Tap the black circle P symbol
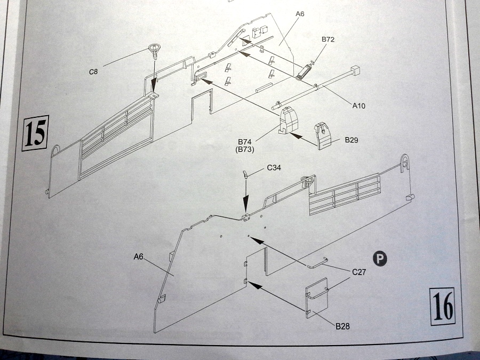coord(380,259)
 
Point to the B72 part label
coord(327,40)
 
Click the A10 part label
coord(359,106)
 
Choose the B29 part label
coord(351,140)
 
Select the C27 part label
coord(359,272)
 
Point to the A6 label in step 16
coord(139,257)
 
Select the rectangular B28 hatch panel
coord(317,298)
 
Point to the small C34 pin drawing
coord(246,174)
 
